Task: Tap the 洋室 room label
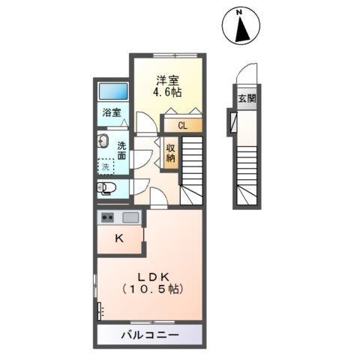168,79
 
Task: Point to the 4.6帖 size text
168,92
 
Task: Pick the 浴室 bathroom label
113,115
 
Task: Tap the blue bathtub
114,91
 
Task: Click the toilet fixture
105,187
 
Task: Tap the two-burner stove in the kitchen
107,218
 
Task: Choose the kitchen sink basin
130,218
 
